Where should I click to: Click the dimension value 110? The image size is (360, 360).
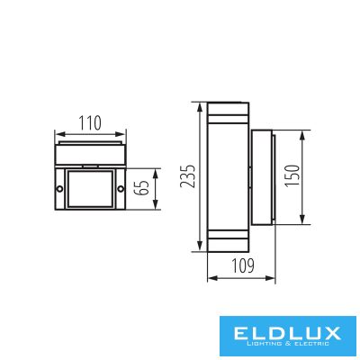tap(90, 123)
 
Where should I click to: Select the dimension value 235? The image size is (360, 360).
tap(188, 176)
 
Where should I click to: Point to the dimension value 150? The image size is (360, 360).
tap(292, 176)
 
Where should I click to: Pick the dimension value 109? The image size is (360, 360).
tap(243, 265)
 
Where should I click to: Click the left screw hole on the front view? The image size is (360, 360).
tap(59, 189)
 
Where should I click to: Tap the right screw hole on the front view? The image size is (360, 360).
tap(121, 189)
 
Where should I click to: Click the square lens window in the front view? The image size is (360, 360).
tap(90, 189)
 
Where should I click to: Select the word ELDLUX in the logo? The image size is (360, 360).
tap(286, 333)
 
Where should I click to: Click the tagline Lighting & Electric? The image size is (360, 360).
tap(286, 344)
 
